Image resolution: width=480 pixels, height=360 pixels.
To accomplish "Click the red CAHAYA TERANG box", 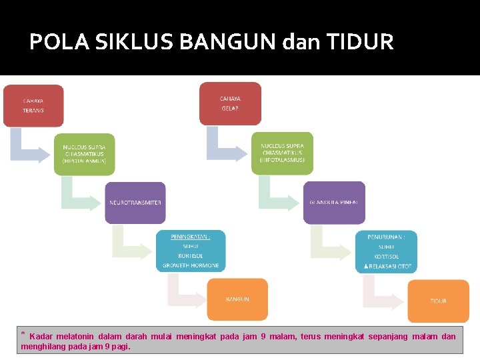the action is point(33,105).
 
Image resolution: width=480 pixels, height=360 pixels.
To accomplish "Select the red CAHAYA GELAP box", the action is point(230,103).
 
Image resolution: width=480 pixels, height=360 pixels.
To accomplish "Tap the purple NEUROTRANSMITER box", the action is point(135,202).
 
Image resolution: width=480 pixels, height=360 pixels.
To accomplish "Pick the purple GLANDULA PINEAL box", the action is point(334,202).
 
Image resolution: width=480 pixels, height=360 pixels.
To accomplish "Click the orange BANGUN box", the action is point(237,299).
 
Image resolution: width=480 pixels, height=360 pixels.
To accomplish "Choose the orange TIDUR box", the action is point(438,301).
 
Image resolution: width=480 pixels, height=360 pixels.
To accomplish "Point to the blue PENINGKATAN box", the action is point(191,251).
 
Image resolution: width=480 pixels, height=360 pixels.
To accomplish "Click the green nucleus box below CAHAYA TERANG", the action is point(84,153).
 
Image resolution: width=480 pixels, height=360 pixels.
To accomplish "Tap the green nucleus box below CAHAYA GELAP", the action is point(282,153).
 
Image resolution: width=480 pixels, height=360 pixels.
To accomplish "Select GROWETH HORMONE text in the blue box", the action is point(191,266).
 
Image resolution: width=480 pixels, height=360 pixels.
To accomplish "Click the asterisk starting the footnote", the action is point(23,335).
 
